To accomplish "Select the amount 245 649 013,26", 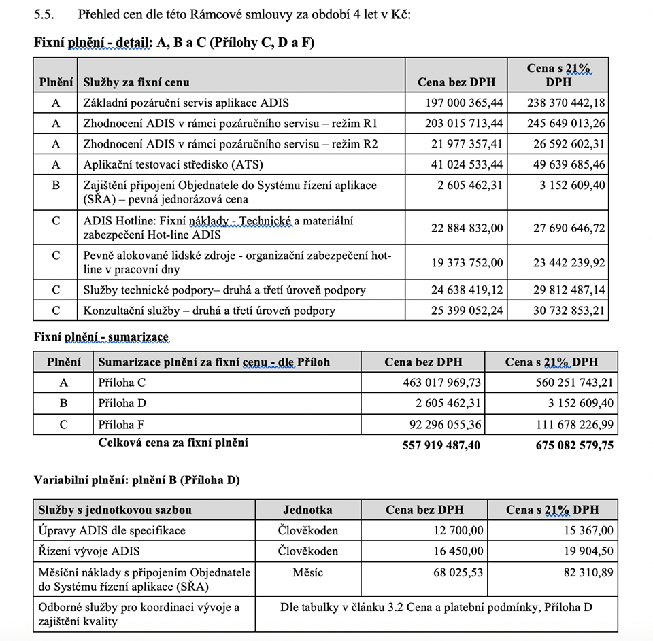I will coord(566,124).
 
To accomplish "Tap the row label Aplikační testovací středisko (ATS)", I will coord(173,164).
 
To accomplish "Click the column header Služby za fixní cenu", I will coord(136,82).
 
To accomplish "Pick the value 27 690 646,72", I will coord(569,228).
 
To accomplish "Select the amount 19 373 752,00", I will coord(467,263).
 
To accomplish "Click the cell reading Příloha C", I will coord(122,383).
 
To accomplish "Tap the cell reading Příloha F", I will coord(122,425).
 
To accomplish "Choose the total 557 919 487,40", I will coord(431,445).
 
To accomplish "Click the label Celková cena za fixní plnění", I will coord(173,443).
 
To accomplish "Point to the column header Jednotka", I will coord(307,510).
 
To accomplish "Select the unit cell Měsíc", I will coord(307,572).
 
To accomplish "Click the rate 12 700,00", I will coord(457,531).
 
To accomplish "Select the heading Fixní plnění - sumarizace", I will coord(101,336).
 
